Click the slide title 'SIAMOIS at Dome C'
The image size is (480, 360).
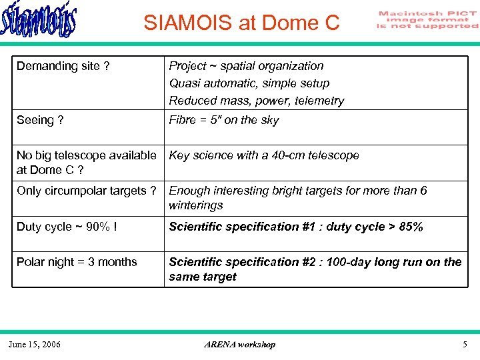pos(241,23)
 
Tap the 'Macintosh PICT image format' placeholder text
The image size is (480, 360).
pos(427,20)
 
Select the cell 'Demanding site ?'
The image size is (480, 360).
pos(63,66)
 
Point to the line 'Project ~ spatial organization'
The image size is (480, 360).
pos(246,66)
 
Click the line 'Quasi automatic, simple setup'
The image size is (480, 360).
pos(249,83)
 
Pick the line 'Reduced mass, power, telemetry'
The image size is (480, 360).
pos(257,101)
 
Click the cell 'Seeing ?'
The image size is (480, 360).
pos(40,120)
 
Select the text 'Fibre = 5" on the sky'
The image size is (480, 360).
pos(224,120)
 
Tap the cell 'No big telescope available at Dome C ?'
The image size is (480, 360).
pos(86,163)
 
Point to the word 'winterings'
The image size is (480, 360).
pos(195,205)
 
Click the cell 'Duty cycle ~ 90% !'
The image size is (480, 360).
pos(67,227)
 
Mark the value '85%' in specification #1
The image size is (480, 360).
pos(409,227)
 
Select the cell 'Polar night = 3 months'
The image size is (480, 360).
pos(77,262)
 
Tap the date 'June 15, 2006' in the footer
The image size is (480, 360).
pos(34,345)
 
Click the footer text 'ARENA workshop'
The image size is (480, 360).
pos(239,345)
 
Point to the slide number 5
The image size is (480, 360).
pos(465,345)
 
